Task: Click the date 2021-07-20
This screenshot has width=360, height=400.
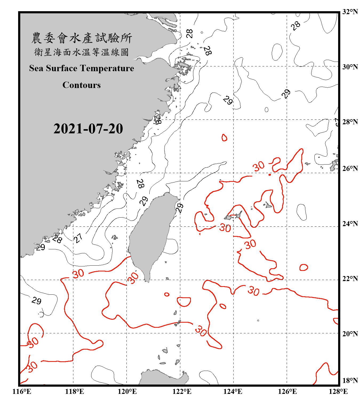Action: pyautogui.click(x=88, y=129)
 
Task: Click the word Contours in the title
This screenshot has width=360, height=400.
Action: pyautogui.click(x=82, y=85)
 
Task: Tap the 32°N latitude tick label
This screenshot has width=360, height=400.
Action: pyautogui.click(x=350, y=12)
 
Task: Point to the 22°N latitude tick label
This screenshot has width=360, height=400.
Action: pyautogui.click(x=350, y=279)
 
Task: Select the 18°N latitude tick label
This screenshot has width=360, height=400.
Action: pyautogui.click(x=350, y=381)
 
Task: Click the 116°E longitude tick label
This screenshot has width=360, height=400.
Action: pyautogui.click(x=22, y=391)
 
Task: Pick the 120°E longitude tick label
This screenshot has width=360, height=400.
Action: pyautogui.click(x=127, y=391)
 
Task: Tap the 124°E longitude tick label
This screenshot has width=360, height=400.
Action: pyautogui.click(x=233, y=391)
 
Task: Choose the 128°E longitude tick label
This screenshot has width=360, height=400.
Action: pyautogui.click(x=338, y=391)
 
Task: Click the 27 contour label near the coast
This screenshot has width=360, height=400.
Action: pyautogui.click(x=78, y=238)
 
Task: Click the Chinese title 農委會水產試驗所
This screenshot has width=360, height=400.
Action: pyautogui.click(x=82, y=38)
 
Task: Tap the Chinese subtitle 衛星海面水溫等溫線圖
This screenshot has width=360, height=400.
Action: pyautogui.click(x=82, y=52)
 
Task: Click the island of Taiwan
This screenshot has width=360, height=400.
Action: pyautogui.click(x=151, y=235)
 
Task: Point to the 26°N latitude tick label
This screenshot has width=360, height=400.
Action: pyautogui.click(x=350, y=169)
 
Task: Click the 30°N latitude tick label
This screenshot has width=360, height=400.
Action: pyautogui.click(x=350, y=67)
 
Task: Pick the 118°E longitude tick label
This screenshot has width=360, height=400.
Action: pyautogui.click(x=74, y=391)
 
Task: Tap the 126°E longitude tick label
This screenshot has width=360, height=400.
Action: pyautogui.click(x=287, y=391)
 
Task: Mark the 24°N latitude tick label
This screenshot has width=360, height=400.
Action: pyautogui.click(x=350, y=223)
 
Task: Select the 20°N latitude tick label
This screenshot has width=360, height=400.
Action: pyautogui.click(x=350, y=334)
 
